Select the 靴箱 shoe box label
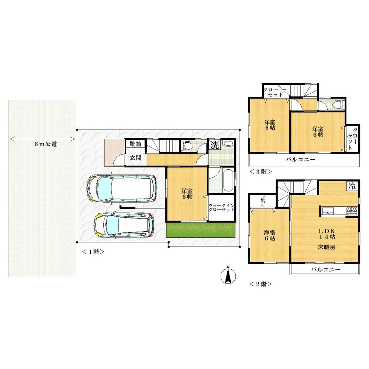coord(135,144)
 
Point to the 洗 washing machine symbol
coord(214,145)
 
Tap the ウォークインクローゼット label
coord(221,207)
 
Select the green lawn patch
coord(200,231)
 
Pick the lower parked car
coord(124,225)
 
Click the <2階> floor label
coord(261,284)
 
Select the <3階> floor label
coord(261,172)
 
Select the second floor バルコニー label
coord(325,270)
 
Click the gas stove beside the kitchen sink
coord(351,211)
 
